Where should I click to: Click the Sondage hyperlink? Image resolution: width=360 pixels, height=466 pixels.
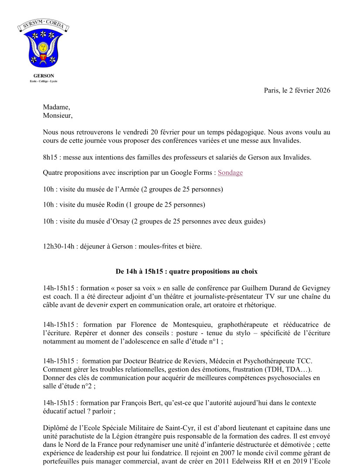[x=230, y=173]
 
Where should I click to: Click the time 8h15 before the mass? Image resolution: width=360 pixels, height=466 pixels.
[x=50, y=157]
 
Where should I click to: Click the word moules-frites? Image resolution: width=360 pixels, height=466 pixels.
[x=157, y=246]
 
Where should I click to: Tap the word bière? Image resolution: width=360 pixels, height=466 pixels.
[x=193, y=246]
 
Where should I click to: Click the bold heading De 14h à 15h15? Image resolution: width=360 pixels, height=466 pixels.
[x=187, y=271]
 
